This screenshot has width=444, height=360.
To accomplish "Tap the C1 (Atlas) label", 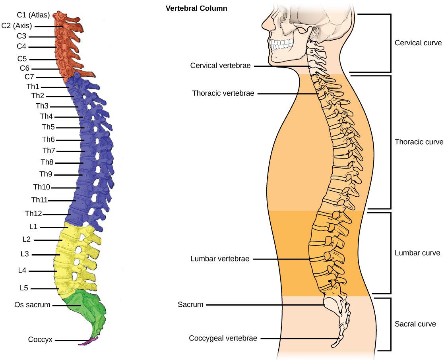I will coord(33,15).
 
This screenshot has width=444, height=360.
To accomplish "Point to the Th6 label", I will coord(48,139).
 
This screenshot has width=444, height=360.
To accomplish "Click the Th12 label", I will coord(33,214).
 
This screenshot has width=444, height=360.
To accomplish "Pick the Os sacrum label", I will coord(32,305).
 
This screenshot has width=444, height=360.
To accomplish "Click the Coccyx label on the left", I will coord(40,340).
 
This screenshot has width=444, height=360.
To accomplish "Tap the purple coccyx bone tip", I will coord(88,341).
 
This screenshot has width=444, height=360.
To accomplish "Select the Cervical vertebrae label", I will coord(220,66).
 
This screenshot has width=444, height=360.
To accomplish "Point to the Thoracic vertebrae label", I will coord(223,93).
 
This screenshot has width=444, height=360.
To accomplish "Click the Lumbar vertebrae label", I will coord(220,259).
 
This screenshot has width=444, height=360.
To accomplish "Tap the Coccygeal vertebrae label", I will coord(223,339).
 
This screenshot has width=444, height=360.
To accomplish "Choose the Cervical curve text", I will coord(418,43).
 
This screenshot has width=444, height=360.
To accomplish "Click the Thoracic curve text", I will coord(419,142).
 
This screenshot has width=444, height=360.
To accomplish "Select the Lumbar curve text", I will coord(417,253).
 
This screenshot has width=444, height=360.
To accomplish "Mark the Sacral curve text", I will coord(415,324).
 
